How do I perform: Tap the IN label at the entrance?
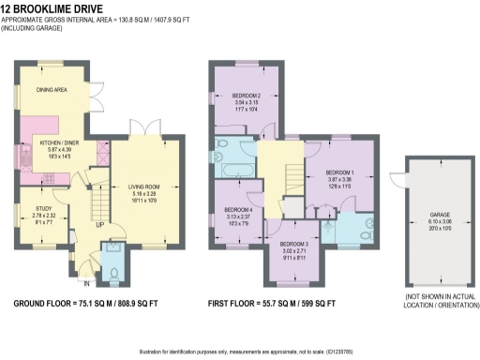86,281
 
